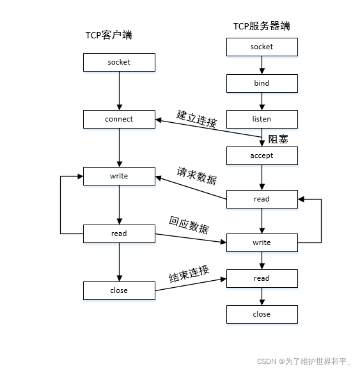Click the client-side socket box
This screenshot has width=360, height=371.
(x=119, y=62)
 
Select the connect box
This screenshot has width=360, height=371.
(x=119, y=119)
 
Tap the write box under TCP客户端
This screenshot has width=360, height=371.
(x=119, y=176)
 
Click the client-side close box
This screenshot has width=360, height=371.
(x=119, y=290)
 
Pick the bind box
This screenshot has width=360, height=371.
(x=262, y=83)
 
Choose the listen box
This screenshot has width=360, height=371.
(x=262, y=119)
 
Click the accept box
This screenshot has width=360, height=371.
(x=262, y=155)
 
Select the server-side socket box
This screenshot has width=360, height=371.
(x=262, y=47)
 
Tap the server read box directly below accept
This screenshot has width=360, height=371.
(x=262, y=199)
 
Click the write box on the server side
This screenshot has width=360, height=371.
(x=262, y=242)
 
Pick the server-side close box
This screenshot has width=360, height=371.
(x=262, y=314)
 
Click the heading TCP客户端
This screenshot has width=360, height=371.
(x=109, y=35)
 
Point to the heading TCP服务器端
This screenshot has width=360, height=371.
(x=262, y=26)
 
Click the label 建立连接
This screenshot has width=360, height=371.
(x=196, y=119)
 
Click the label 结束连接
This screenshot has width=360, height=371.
(x=189, y=274)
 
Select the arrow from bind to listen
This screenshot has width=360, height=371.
(x=262, y=101)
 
